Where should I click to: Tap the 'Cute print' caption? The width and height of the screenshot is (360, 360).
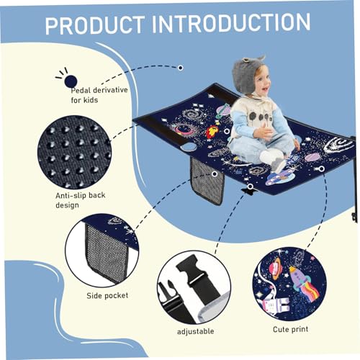click(x=292, y=329)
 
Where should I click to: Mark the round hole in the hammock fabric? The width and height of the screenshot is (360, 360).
click(x=189, y=148)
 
